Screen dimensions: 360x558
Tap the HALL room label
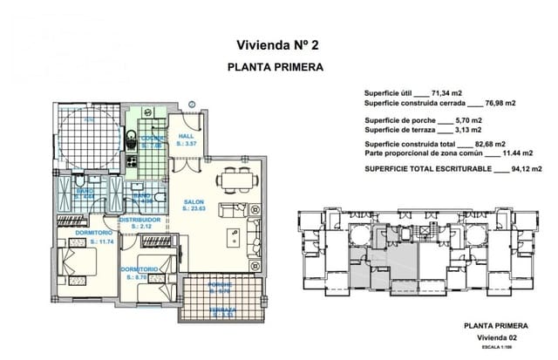coord(186,137)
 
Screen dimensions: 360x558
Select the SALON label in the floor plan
coord(194,202)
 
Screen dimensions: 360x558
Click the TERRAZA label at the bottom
coord(221,309)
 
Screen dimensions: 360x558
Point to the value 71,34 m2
coord(450,92)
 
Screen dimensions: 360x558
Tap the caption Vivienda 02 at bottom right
coord(504,337)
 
